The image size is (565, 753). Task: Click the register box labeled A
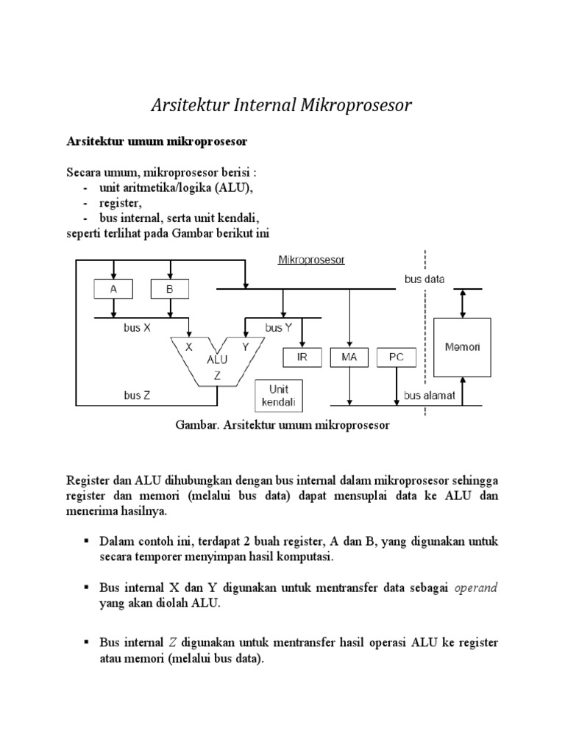113,290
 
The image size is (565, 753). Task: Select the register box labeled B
169,290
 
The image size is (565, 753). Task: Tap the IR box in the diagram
302,357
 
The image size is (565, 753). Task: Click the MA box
350,357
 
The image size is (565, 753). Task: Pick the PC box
397,357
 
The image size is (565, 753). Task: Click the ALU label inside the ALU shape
217,360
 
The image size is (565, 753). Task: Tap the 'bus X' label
137,329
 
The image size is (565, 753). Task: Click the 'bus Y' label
278,329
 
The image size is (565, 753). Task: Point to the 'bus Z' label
137,395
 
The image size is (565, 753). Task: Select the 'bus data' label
424,279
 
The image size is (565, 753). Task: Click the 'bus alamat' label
430,395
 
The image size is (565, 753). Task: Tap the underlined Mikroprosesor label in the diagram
311,260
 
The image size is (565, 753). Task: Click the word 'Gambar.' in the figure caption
197,425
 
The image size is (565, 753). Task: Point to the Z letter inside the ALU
217,375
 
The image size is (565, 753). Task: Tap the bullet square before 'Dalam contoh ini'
86,541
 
